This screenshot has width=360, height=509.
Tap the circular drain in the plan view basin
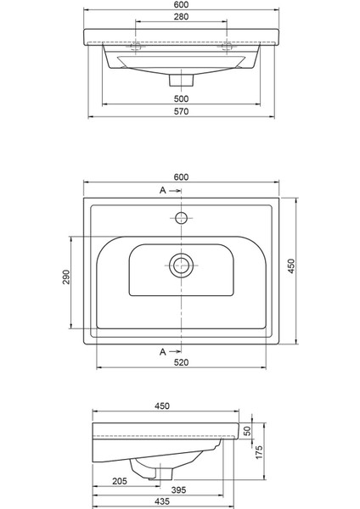click(x=180, y=265)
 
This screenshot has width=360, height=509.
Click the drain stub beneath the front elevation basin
click(x=180, y=80)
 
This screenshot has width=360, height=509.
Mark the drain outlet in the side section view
click(x=149, y=477)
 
